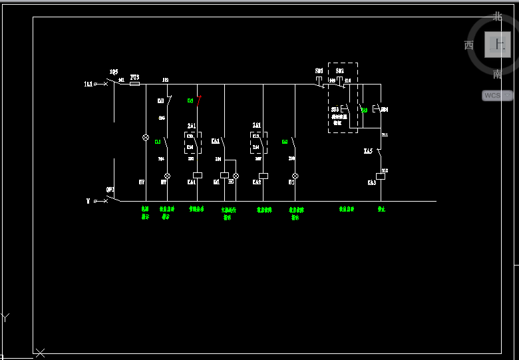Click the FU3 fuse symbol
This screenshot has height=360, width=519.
coord(134,84)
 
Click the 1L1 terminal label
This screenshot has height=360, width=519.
coord(88,84)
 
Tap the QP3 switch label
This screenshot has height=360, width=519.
coord(110,189)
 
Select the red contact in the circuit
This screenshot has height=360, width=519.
coord(198,101)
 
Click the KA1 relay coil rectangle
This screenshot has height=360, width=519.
coord(197,176)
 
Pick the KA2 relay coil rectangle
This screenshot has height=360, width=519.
coord(263,176)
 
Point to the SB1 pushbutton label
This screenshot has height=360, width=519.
coord(319,71)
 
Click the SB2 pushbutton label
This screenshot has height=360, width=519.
coord(339,71)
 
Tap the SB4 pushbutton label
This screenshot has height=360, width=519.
coord(384,108)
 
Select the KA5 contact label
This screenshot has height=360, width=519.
coord(368,152)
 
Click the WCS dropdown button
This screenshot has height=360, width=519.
coord(497,95)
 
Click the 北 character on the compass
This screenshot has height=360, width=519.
coord(498,17)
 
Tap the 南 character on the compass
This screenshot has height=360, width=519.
coord(498,74)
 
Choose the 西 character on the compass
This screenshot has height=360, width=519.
coord(469,45)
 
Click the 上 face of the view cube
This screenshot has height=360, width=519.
coord(498,45)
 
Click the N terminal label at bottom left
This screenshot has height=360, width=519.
coord(87,200)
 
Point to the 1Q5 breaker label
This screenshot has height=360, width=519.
coord(114,71)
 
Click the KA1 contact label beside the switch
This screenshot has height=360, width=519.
coord(216,141)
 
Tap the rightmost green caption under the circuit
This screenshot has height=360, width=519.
coord(381,209)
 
